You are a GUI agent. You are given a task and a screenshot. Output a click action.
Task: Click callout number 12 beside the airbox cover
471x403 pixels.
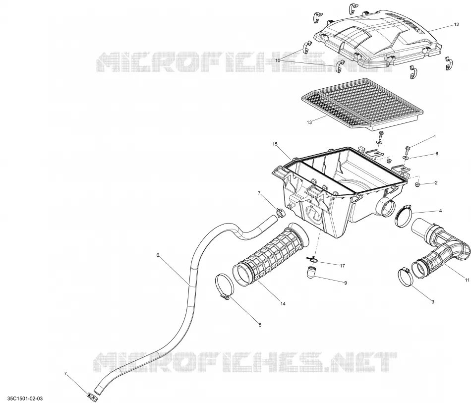[456, 25]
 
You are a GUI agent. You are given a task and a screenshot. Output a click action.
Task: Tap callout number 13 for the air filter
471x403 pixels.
[309, 122]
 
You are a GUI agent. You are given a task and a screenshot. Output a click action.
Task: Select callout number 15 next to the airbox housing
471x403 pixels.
[275, 144]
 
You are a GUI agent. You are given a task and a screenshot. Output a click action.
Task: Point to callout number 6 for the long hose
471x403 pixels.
[158, 255]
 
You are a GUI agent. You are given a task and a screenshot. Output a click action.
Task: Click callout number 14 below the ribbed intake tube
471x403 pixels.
[283, 304]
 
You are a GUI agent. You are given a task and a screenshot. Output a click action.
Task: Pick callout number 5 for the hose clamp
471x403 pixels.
[260, 325]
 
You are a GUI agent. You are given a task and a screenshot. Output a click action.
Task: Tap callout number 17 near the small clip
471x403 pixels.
[343, 266]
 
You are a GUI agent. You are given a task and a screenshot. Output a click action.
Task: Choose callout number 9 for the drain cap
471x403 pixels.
[346, 283]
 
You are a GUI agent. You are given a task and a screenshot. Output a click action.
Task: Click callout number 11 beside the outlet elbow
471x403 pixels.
[467, 280]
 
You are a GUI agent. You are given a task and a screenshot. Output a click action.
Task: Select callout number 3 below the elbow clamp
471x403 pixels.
[432, 302]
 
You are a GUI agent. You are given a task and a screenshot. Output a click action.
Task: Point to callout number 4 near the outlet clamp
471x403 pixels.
[440, 211]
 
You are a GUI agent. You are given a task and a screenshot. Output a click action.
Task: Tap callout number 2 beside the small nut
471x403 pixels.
[436, 182]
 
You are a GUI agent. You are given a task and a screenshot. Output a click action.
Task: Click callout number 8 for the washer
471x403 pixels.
[437, 154]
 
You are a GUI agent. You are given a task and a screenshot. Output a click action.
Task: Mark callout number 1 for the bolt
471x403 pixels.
[434, 137]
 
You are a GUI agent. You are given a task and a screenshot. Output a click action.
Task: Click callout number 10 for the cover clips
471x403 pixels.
[278, 60]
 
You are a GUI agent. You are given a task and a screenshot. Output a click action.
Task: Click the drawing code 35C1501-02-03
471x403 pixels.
[25, 399]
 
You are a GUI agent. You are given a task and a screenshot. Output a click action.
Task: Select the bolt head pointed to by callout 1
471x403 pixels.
[408, 149]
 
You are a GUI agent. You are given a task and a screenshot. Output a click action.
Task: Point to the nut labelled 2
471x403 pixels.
[417, 184]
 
